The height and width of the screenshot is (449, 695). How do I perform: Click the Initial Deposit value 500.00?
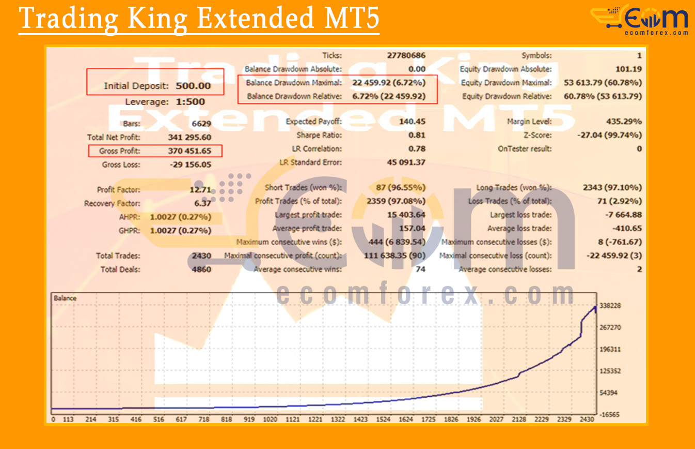tap(193, 86)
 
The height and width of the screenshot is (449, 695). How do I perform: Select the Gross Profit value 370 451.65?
tap(189, 151)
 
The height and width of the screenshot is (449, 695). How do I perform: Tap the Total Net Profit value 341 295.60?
tap(189, 138)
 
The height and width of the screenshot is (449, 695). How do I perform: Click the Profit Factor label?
tap(118, 190)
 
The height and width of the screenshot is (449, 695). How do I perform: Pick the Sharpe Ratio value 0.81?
tap(416, 135)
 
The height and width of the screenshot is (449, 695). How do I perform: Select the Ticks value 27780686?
tap(406, 55)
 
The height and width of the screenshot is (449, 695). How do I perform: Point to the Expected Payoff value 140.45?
tap(412, 122)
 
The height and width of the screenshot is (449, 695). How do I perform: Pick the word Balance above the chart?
tap(65, 298)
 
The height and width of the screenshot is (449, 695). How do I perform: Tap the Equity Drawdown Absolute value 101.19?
tap(628, 69)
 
